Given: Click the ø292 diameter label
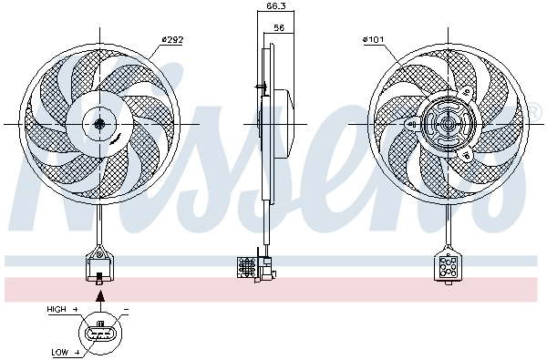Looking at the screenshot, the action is [x=172, y=40].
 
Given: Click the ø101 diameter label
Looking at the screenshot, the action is [x=373, y=39].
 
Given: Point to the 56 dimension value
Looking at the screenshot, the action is [x=279, y=27].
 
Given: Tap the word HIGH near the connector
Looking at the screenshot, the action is [x=57, y=309].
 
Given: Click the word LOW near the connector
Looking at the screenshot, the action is [x=60, y=353].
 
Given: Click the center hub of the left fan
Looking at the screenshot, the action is [x=99, y=123].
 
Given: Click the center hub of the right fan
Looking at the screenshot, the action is [x=448, y=124].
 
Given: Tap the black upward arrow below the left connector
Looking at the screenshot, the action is [x=100, y=296].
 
